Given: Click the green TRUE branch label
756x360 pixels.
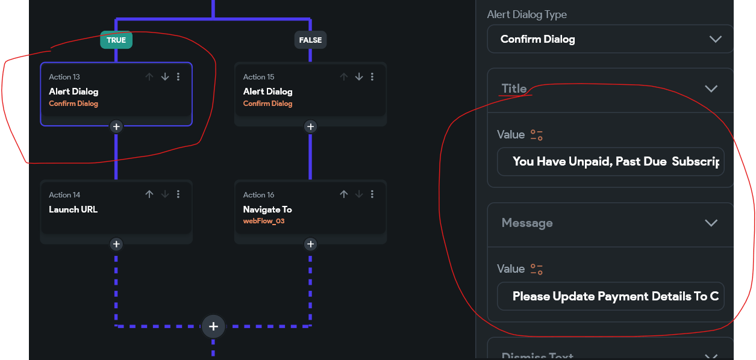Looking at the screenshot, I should click(116, 40).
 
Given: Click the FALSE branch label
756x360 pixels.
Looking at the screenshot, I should click(310, 40).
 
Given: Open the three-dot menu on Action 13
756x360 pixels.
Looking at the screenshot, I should click(178, 77).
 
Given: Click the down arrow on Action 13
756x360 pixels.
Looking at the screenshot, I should click(164, 77).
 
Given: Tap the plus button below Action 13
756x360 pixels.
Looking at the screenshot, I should click(116, 126).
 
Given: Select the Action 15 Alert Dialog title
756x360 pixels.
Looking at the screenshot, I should click(267, 92).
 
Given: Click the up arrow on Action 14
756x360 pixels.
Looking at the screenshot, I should click(149, 194).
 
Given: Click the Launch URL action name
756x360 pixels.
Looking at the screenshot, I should click(73, 209).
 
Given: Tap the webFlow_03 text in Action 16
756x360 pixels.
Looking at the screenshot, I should click(263, 221).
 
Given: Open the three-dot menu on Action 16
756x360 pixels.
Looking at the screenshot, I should click(372, 194).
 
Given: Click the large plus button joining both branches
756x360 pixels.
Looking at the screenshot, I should click(213, 326).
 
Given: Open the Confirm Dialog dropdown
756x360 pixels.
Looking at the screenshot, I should click(610, 39).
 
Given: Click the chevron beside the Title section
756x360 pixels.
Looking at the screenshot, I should click(711, 89).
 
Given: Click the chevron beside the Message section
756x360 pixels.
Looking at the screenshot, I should click(711, 223).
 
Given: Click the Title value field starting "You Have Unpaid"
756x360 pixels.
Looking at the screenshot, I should click(611, 162).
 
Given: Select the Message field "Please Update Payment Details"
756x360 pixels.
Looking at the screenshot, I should click(611, 296).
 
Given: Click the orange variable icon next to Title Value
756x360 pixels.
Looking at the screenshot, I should click(536, 135).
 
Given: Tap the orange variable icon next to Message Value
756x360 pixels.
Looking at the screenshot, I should click(536, 269).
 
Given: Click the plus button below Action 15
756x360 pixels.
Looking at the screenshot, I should click(310, 126).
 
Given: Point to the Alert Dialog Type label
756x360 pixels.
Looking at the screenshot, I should click(527, 14).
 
